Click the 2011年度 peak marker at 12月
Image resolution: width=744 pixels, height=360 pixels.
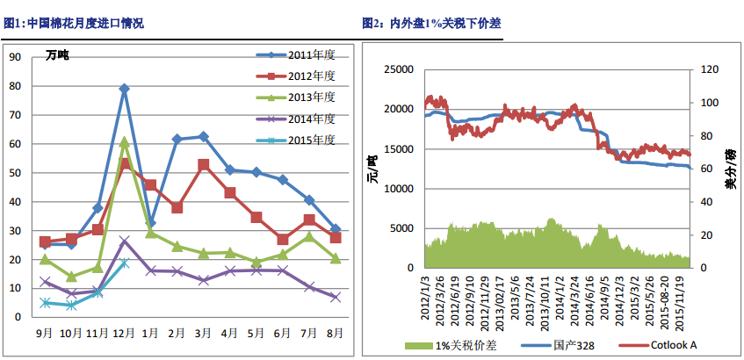[x=124, y=89]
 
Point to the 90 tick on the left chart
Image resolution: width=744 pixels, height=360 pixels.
[x=14, y=57]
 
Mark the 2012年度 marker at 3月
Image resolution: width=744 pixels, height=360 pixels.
[x=203, y=164]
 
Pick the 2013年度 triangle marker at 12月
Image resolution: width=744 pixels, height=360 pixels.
[x=124, y=141]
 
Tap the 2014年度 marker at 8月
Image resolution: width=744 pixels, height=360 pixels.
[x=335, y=298]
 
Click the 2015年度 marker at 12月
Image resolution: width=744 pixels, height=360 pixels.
[x=124, y=263]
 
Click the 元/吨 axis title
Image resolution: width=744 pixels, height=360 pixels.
[x=372, y=168]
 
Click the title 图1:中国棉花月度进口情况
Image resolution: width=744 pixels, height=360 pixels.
[x=74, y=24]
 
